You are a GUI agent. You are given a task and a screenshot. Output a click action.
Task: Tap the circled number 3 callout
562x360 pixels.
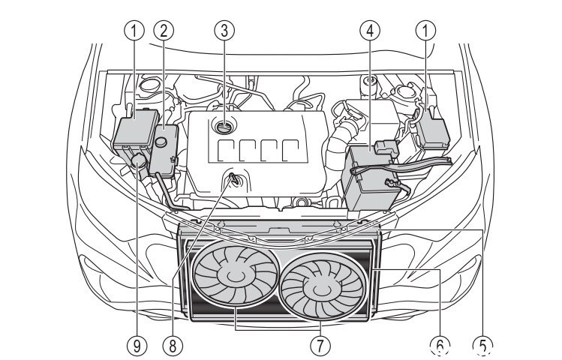(222, 31)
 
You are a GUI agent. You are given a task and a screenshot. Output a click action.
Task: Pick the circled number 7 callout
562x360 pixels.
(321, 346)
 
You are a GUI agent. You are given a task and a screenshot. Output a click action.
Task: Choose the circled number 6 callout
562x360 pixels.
(440, 346)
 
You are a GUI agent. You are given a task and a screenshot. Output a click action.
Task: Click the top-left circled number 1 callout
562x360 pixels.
(136, 31)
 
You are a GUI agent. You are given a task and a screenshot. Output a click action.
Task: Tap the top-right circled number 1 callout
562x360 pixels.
(428, 31)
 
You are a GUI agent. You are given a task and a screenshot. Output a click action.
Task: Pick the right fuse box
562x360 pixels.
(432, 130)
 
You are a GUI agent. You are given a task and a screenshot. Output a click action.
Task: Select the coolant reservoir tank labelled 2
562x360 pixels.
(164, 148)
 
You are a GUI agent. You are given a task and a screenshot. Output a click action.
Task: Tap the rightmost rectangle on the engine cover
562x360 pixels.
(301, 148)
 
